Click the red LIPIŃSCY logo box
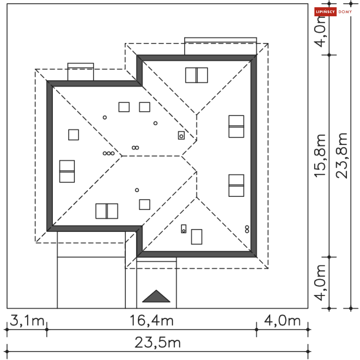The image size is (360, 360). [x=325, y=12]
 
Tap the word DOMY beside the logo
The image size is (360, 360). [x=345, y=12]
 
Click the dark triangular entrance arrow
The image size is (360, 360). [x=156, y=296]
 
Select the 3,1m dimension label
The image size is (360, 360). [x=27, y=321]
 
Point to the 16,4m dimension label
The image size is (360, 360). [x=152, y=321]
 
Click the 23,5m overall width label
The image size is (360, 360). [x=157, y=343]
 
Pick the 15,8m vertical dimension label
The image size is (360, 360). [x=320, y=156]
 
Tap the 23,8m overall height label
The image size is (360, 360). [x=342, y=156]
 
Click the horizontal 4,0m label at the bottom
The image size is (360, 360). [x=282, y=321]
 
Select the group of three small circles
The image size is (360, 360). [x=109, y=153]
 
